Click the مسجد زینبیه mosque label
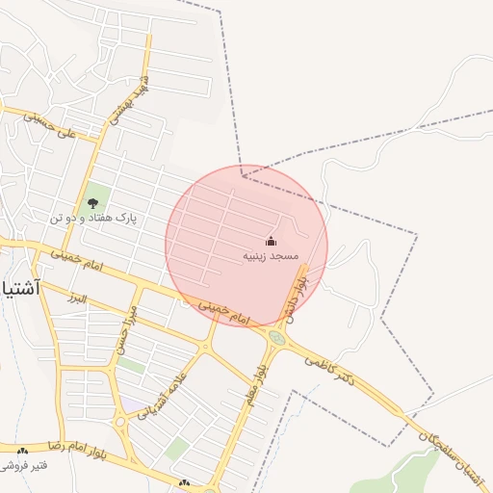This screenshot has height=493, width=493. (x=271, y=256)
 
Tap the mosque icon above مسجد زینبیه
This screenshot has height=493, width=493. (x=271, y=241)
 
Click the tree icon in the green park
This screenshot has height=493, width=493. (x=92, y=202)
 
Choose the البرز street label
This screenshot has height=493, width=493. (x=73, y=298)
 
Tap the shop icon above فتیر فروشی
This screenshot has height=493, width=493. (x=21, y=451)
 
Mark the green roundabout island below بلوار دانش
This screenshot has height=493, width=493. (x=277, y=338)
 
